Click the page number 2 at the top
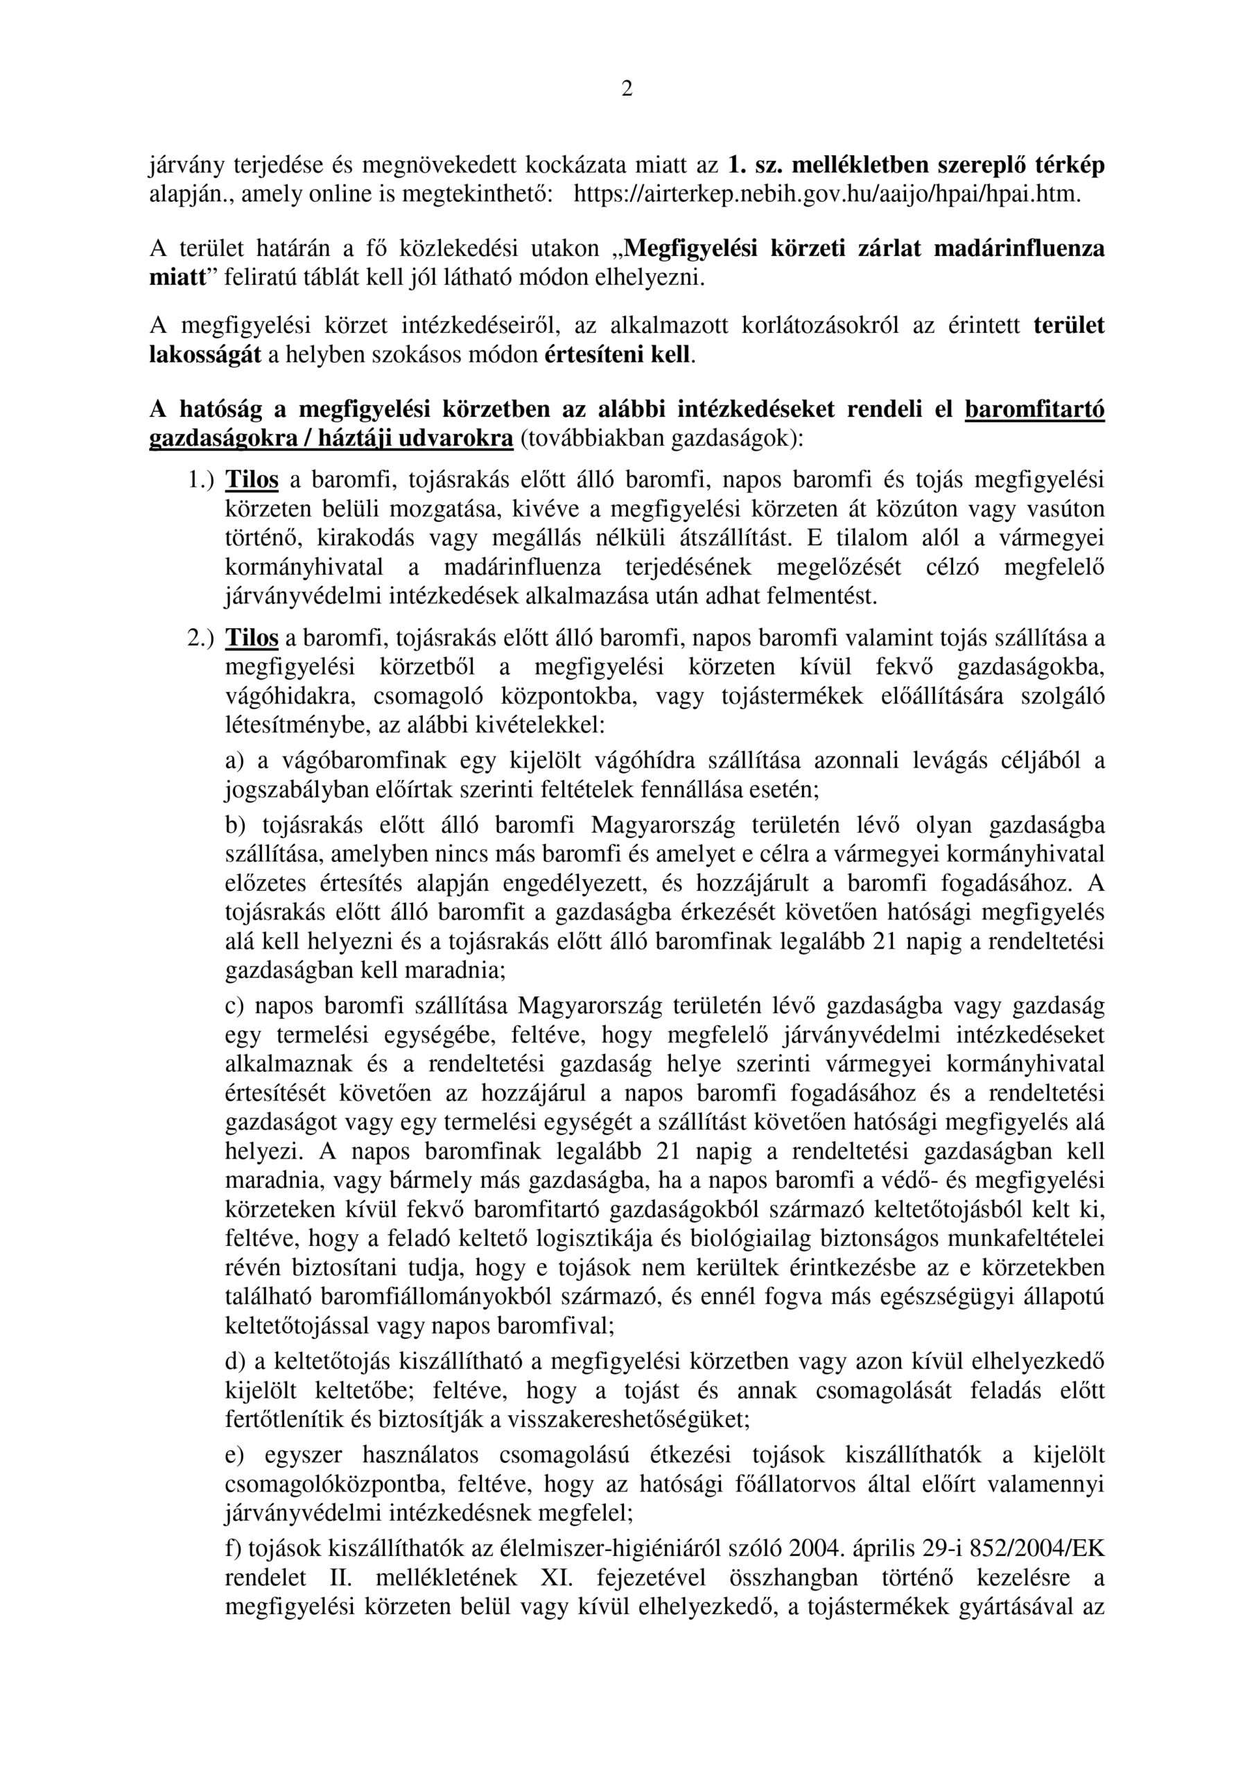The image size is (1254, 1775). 626,89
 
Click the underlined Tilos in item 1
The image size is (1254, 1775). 251,480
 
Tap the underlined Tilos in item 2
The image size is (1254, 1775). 251,639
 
